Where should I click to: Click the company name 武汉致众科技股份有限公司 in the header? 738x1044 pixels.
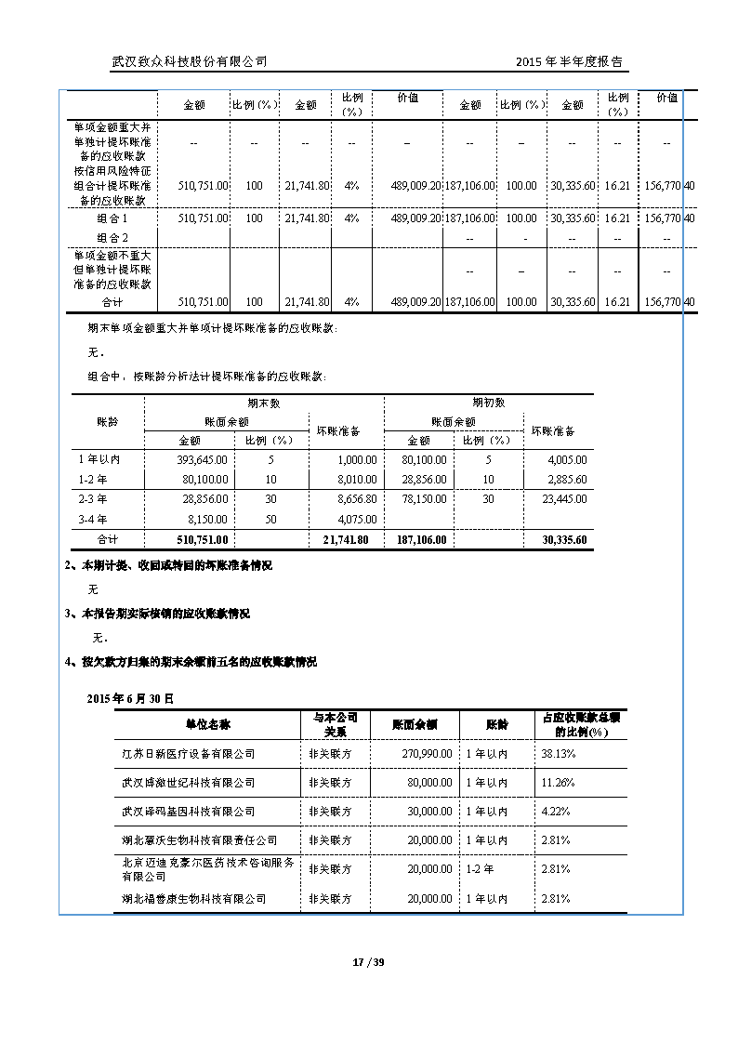coord(190,61)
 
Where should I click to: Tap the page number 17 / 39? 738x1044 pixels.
coord(369,962)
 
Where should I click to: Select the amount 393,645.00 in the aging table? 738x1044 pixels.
coord(203,459)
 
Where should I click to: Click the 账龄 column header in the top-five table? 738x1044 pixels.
coord(497,724)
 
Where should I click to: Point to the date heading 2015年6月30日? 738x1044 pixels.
coord(130,697)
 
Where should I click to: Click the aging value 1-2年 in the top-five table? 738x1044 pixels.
coord(480,869)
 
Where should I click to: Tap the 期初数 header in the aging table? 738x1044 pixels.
coord(489,403)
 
